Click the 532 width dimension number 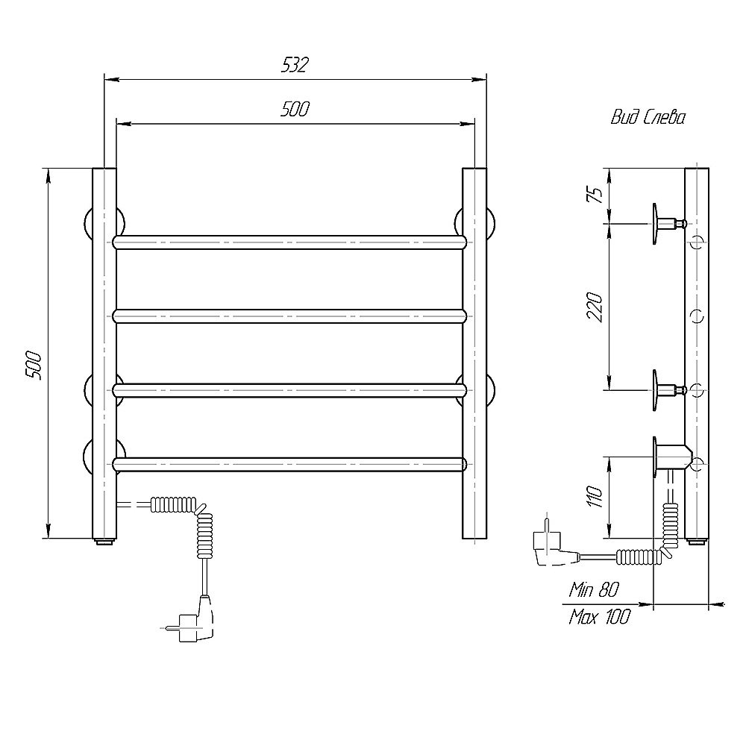[295, 65]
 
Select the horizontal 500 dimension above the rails [295, 110]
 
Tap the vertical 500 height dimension [34, 366]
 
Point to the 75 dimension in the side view [596, 194]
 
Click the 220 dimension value [595, 308]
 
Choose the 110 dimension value [595, 497]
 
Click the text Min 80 [594, 590]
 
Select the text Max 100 [599, 617]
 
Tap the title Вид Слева [648, 118]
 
